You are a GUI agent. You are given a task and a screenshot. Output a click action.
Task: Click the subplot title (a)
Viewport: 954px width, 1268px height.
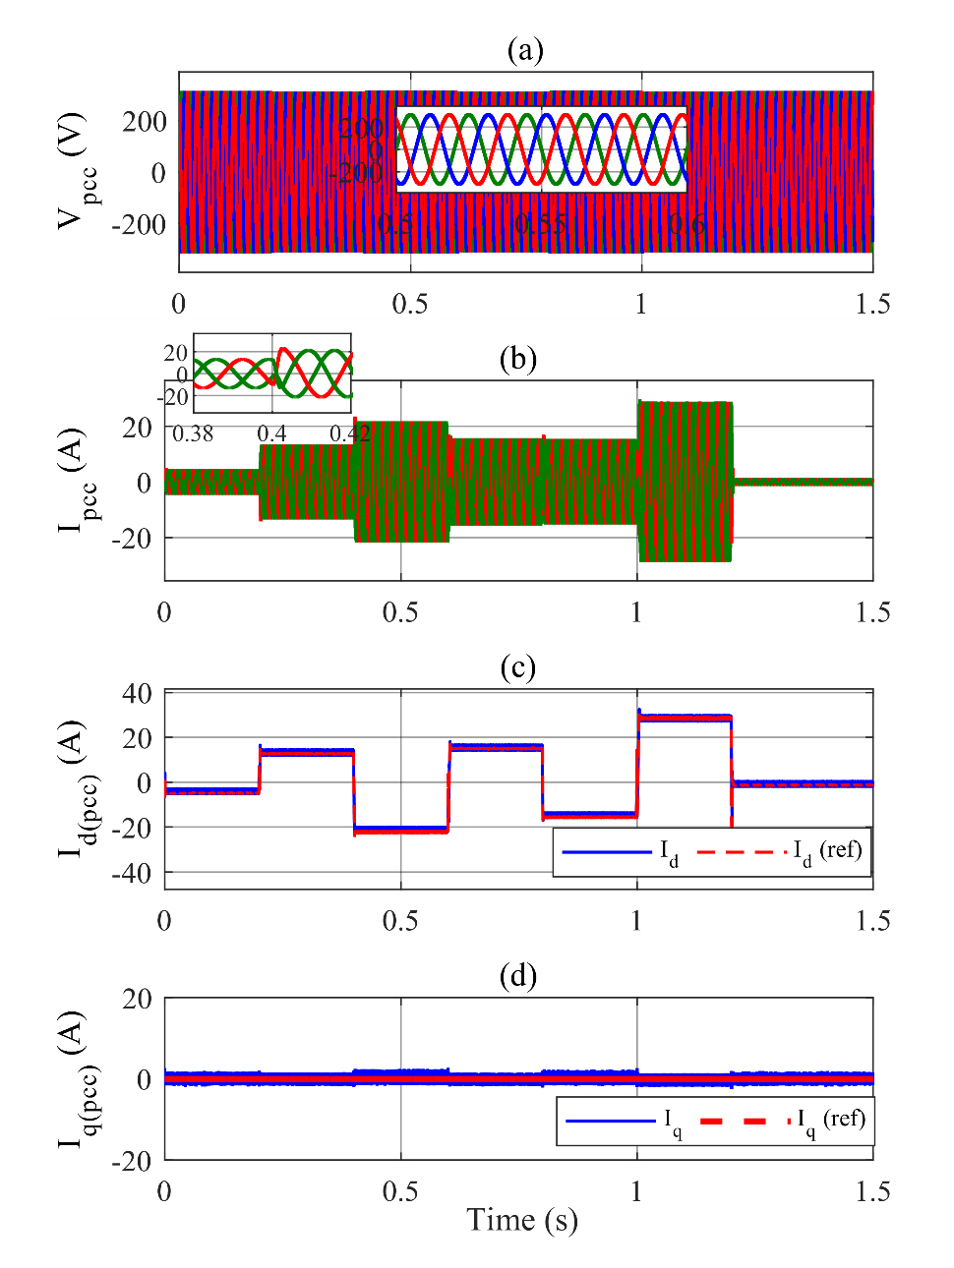[x=524, y=50]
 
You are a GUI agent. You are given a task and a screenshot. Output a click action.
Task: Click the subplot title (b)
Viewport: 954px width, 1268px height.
[x=517, y=359]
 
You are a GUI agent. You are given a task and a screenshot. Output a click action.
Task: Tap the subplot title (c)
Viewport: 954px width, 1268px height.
[x=517, y=667]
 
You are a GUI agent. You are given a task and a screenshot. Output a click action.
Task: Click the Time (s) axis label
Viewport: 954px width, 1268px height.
[x=521, y=1220]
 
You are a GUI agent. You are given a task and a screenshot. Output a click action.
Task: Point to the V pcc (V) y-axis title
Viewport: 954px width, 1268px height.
[x=77, y=172]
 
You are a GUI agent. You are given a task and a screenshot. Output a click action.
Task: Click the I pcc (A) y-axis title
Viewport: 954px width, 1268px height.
[x=77, y=481]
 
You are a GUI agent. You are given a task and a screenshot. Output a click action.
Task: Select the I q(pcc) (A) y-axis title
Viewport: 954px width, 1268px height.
[x=77, y=1079]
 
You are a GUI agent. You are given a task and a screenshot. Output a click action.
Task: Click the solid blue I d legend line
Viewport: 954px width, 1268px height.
[x=607, y=851]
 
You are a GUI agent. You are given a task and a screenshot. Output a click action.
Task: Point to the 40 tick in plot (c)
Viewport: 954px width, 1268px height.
[x=137, y=693]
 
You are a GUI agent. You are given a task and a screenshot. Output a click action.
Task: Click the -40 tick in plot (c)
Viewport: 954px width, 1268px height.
[x=131, y=873]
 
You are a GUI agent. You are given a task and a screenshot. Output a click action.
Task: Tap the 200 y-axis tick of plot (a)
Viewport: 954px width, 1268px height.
[x=144, y=121]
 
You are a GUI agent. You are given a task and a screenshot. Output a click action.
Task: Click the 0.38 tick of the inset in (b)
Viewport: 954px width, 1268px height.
[x=193, y=433]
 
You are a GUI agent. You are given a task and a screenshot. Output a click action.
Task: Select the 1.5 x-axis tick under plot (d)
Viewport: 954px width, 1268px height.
[x=872, y=1191]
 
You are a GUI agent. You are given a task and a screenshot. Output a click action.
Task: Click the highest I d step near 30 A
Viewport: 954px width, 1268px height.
[x=685, y=718]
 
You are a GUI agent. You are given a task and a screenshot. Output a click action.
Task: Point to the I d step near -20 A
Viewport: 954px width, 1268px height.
[x=400, y=830]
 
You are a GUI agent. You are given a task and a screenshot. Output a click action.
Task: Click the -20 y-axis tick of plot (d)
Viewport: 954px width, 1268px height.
[x=131, y=1161]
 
